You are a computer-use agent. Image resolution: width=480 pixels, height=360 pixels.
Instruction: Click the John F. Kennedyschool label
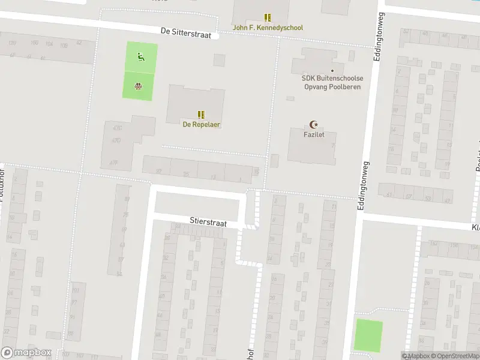[x=268, y=28]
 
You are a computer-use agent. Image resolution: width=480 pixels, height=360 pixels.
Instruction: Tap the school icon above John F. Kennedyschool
[x=268, y=17]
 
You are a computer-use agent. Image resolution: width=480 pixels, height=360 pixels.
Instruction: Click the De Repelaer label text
[x=201, y=124]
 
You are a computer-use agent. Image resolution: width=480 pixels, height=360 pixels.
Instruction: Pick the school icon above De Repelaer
[x=201, y=114]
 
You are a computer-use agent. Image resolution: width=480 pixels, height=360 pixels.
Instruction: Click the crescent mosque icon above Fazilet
[x=312, y=125]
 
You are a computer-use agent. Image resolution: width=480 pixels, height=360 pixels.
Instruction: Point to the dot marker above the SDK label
[x=332, y=71]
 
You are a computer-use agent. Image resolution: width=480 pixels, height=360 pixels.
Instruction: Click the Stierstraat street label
[x=208, y=222]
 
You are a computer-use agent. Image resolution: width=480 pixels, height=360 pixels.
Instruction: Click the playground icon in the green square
[x=140, y=58]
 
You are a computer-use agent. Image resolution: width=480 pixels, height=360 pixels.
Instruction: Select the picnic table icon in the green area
[x=138, y=86]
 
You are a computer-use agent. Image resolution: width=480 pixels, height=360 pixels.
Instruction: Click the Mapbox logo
[x=26, y=353]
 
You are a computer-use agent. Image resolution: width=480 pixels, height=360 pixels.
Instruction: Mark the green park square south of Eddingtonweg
[x=368, y=336]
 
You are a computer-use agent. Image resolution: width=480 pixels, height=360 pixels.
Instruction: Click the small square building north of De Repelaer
[x=219, y=60]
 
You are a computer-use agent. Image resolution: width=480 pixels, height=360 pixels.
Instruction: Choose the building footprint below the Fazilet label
[x=312, y=150]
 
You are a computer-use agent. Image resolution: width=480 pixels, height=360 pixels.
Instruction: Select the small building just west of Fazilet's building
[x=274, y=161]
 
